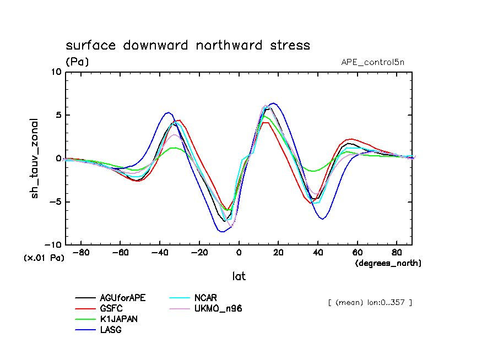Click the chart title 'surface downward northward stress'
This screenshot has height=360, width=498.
click(x=188, y=45)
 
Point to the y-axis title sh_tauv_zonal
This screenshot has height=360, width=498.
click(x=35, y=158)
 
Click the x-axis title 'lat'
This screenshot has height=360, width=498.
click(x=239, y=276)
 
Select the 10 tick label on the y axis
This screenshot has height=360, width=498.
click(x=55, y=72)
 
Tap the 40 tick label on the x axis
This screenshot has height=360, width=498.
click(x=318, y=253)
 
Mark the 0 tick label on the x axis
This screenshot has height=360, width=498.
click(x=239, y=253)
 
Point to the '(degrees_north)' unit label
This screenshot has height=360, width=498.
click(x=388, y=263)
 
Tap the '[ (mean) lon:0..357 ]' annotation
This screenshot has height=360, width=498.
click(x=370, y=302)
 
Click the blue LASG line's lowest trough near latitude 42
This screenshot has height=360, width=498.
click(x=322, y=219)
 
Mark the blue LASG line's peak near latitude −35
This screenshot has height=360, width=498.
click(x=169, y=112)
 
